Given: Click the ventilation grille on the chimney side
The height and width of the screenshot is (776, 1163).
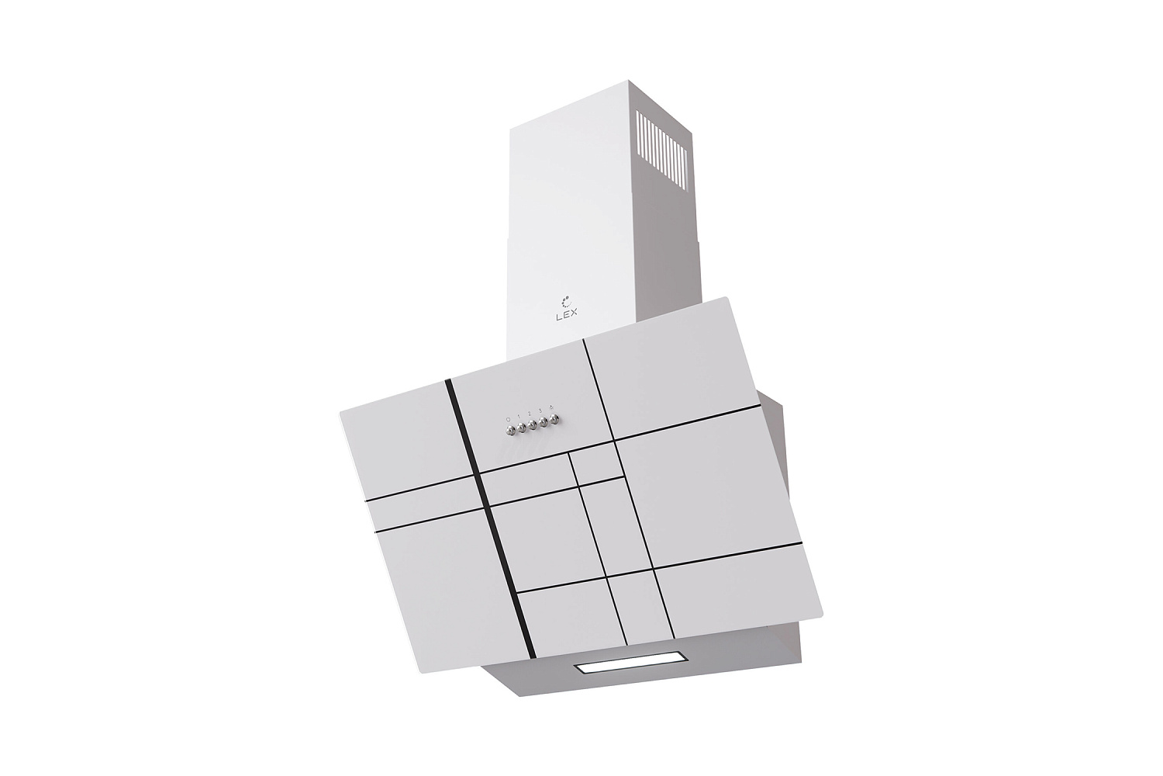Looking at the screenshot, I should tap(662, 142).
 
